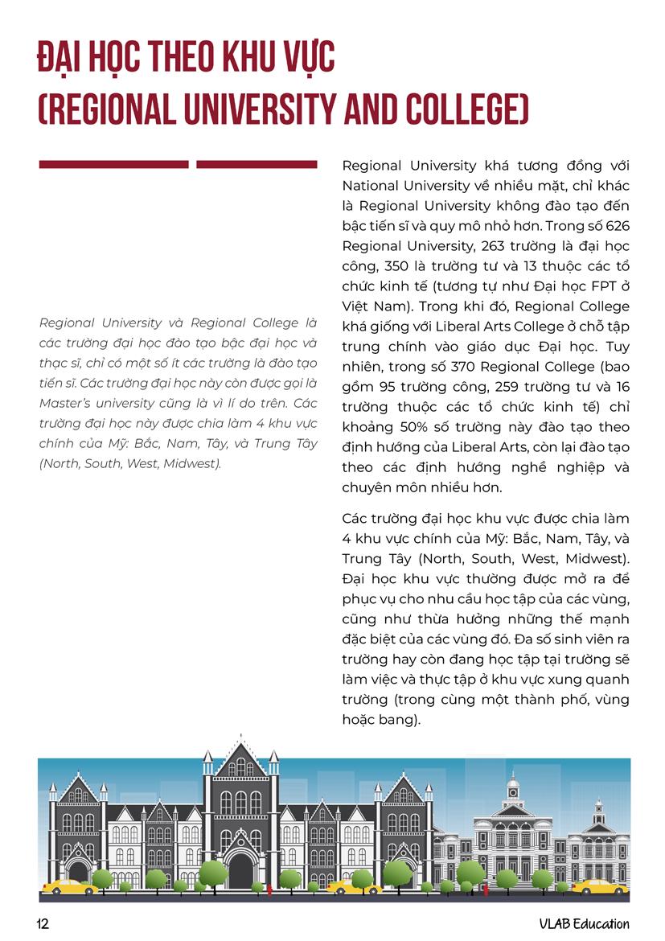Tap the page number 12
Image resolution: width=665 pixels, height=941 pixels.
pos(43,924)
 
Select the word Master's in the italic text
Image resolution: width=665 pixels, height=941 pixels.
pos(64,403)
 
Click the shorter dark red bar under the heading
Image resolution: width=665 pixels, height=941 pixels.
pos(257,165)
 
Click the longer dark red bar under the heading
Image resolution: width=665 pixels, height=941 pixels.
pos(113,165)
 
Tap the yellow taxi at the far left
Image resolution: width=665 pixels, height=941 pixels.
pos(68,886)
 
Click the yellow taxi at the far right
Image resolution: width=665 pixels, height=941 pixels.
pos(600,886)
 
